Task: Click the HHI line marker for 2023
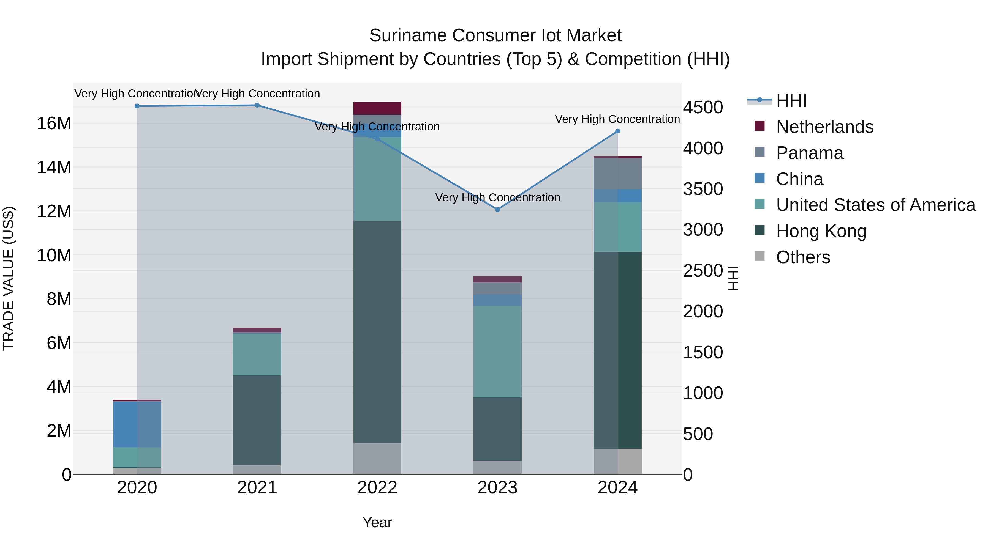click(x=497, y=210)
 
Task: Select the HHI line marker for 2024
click(x=617, y=131)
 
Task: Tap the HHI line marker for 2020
click(x=137, y=106)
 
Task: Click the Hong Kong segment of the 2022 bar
click(x=377, y=331)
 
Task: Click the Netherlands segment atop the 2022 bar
click(x=377, y=108)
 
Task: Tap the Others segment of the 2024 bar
click(x=617, y=461)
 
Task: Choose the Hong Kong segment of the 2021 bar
click(x=257, y=420)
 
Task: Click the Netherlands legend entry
click(x=824, y=127)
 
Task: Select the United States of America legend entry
click(x=875, y=205)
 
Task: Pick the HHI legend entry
click(x=791, y=101)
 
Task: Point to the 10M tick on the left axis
click(x=54, y=255)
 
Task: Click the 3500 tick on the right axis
click(x=703, y=189)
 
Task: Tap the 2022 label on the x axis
click(x=377, y=488)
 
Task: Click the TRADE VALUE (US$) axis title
click(x=9, y=278)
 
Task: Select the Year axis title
click(x=377, y=522)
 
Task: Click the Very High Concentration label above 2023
click(x=497, y=197)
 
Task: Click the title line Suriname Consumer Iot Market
click(x=495, y=35)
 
